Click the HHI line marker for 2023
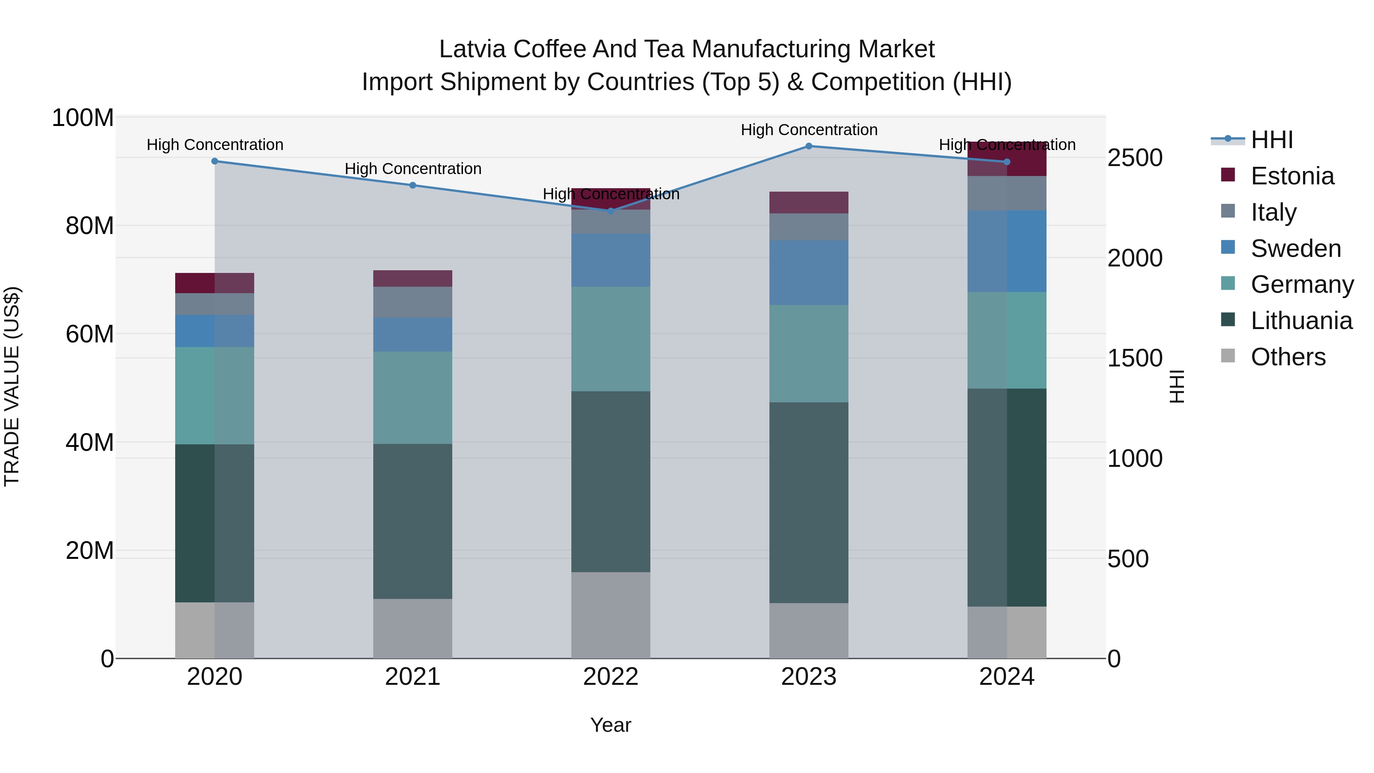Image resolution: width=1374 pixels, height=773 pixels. tap(809, 146)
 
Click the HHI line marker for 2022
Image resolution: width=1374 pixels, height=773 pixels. tap(611, 211)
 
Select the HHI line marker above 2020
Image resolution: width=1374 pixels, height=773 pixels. tap(214, 161)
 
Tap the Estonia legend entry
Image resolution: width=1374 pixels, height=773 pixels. tap(1292, 176)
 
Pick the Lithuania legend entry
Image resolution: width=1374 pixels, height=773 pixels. tap(1301, 321)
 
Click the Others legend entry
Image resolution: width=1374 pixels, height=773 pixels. tap(1288, 357)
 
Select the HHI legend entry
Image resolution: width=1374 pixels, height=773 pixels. tap(1272, 140)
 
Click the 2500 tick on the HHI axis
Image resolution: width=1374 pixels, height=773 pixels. tap(1135, 158)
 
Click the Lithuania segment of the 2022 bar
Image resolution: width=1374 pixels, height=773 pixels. tap(611, 481)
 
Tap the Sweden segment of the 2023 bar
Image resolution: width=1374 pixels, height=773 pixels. tap(809, 272)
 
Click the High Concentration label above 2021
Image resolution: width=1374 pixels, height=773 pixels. tap(413, 169)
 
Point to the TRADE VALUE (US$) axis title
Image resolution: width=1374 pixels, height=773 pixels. tap(12, 386)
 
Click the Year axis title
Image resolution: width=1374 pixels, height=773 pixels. tap(611, 725)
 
